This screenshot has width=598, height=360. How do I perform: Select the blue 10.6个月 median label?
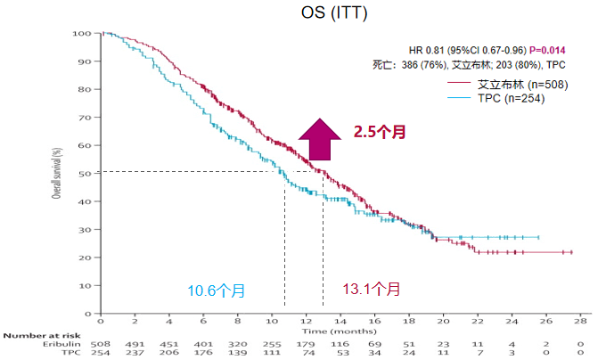click(216, 290)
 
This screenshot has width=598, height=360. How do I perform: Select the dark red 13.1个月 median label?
click(373, 290)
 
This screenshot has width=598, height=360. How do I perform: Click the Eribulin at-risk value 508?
click(101, 344)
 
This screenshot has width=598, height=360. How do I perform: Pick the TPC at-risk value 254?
click(101, 353)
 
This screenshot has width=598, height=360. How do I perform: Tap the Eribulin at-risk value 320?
click(237, 344)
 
